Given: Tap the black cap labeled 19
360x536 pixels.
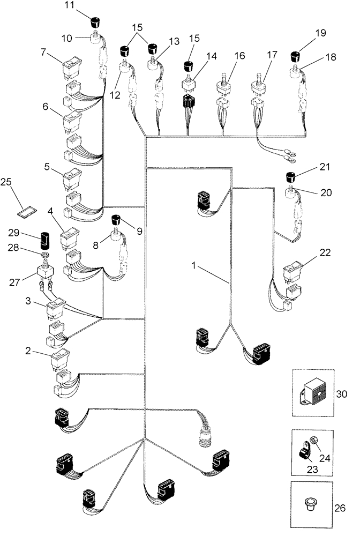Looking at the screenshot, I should pos(295,56).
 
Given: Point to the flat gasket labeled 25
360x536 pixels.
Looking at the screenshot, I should pos(25,213).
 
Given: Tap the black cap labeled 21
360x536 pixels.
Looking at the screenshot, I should pos(291,177).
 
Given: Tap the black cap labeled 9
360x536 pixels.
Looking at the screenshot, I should pos(116,219).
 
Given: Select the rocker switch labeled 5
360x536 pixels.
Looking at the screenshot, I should pos(70,178).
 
